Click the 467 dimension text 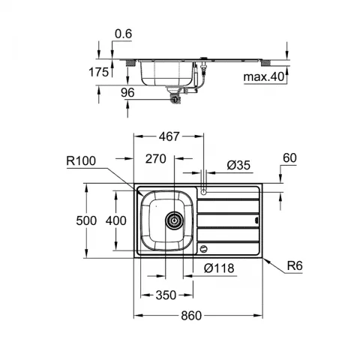[169, 138]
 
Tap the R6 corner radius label [295, 265]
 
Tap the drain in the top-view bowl [174, 219]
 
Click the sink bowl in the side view [163, 73]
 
